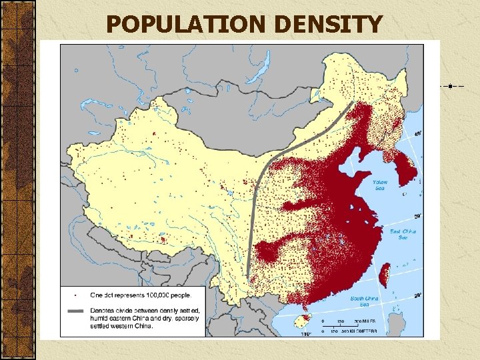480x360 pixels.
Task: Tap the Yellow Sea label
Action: (379, 185)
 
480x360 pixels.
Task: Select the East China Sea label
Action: (402, 235)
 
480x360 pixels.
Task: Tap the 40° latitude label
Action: (418, 133)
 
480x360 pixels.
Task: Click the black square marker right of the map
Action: (451, 85)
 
